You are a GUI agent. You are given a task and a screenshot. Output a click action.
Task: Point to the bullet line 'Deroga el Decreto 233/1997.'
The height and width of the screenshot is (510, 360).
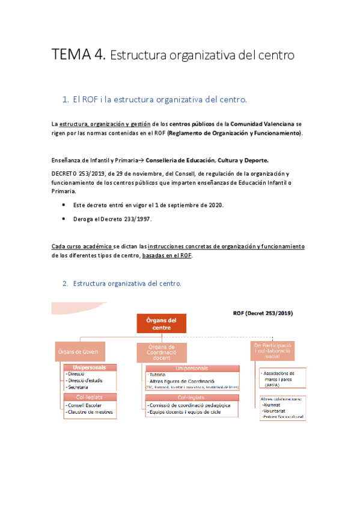(x=112, y=219)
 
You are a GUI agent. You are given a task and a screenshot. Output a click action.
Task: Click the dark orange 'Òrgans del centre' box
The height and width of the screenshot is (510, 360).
(x=162, y=323)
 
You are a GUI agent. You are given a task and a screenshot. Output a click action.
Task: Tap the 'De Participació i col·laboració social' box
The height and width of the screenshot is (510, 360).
(x=273, y=351)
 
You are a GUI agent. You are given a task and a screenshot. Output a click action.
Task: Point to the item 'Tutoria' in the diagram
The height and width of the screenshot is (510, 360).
(x=158, y=374)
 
